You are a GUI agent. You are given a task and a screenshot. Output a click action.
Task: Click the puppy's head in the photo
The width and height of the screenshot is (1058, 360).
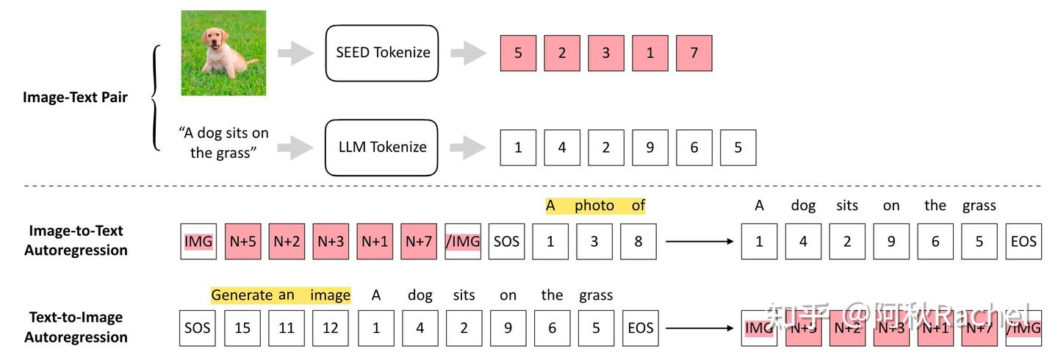(x=215, y=43)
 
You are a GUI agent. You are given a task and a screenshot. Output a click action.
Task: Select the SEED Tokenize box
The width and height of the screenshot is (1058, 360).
(x=381, y=53)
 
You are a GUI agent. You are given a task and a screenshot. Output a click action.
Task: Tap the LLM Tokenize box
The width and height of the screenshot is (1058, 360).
(x=381, y=147)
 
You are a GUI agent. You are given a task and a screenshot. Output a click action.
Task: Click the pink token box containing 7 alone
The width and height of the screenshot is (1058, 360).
(x=694, y=54)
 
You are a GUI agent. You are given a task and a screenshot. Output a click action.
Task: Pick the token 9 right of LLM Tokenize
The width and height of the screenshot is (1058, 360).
(x=649, y=148)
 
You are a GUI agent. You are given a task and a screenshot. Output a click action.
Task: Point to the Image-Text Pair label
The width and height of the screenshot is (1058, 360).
(x=75, y=97)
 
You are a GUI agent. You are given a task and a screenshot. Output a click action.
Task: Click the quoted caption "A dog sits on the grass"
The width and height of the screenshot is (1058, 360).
(x=223, y=143)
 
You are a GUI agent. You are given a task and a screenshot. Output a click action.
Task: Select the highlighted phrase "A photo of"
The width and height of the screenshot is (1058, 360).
(x=595, y=206)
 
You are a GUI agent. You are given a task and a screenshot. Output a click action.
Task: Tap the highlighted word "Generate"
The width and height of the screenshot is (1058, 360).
(x=242, y=295)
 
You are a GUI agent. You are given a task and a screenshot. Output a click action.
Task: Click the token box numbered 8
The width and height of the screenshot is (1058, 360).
(x=638, y=242)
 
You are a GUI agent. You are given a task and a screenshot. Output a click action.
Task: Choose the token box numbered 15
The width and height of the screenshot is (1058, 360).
(x=242, y=328)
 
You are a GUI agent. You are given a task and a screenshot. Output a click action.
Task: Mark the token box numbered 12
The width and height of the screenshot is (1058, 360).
(x=331, y=328)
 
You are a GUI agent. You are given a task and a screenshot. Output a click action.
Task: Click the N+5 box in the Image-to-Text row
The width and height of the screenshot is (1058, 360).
(x=242, y=242)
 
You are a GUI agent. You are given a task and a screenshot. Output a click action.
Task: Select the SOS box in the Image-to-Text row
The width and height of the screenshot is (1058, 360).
(x=506, y=242)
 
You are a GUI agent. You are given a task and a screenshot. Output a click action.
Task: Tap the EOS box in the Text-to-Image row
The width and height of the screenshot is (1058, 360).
(x=641, y=328)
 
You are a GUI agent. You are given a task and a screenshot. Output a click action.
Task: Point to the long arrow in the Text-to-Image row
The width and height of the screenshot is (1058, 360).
(x=698, y=328)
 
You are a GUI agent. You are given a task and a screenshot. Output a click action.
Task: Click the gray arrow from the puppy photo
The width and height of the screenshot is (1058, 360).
(x=295, y=53)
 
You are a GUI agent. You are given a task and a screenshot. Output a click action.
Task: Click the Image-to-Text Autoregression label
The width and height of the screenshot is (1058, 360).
(x=75, y=240)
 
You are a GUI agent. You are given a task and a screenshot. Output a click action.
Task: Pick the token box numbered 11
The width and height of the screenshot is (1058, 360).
(x=287, y=328)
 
